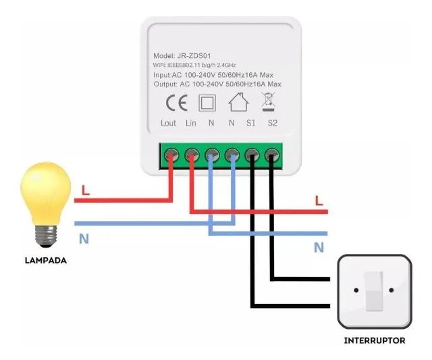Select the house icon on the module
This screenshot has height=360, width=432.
coord(236,103)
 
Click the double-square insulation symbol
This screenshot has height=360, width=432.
coord(206,103)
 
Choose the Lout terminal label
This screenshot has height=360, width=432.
coord(169,124)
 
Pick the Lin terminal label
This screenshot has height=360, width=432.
coord(191,124)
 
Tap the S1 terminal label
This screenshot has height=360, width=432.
coord(251,124)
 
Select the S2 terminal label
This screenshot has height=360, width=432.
coord(273,124)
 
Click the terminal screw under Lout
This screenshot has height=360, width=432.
coord(171,154)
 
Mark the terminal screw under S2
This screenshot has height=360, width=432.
coord(272,154)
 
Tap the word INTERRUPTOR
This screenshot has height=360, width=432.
coord(375,341)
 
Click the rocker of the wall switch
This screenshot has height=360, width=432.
coord(374,291)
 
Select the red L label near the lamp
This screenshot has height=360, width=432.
coord(85,190)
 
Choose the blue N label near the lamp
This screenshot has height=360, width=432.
coord(84,238)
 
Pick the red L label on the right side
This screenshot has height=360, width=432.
coord(319,201)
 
